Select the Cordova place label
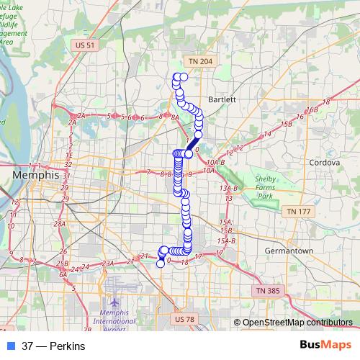323,163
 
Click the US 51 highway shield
84,45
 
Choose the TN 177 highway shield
297,212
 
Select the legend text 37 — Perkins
53,346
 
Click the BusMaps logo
325,345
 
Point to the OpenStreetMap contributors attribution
297,323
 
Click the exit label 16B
311,110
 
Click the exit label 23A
108,264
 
